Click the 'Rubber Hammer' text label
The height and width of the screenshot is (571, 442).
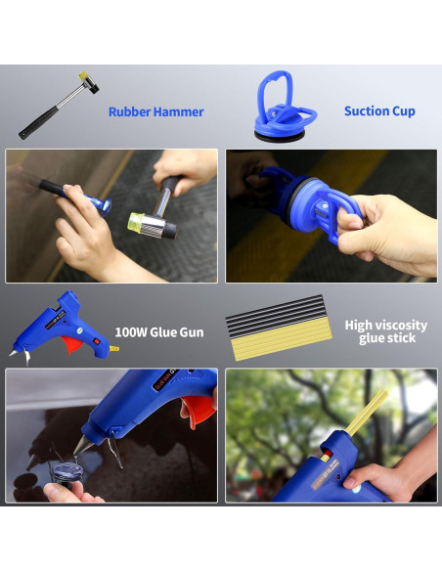(155, 111)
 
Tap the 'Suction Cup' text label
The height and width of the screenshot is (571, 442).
(379, 111)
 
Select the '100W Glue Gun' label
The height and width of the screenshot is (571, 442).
(159, 332)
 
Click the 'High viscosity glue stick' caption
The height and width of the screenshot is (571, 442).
(386, 331)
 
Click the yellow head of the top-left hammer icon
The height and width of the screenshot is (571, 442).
(83, 75)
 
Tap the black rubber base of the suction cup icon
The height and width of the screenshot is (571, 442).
(280, 137)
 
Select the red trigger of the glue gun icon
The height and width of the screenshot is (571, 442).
(69, 344)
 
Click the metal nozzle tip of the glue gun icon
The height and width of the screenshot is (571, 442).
(14, 353)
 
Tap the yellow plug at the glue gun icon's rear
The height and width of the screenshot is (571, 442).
(114, 349)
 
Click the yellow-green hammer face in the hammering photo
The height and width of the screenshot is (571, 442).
(135, 222)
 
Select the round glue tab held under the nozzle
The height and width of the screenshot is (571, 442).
(66, 472)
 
